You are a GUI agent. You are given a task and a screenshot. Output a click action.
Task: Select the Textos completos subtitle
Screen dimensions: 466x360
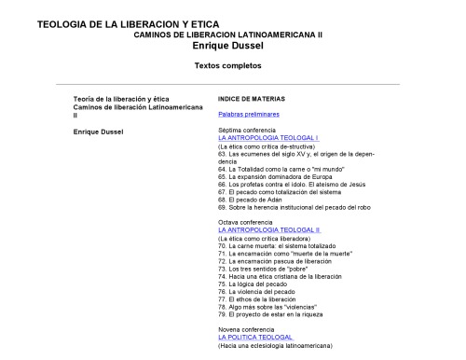click(x=227, y=66)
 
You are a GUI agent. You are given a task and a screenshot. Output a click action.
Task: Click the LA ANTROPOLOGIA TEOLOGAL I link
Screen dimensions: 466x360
click(x=267, y=138)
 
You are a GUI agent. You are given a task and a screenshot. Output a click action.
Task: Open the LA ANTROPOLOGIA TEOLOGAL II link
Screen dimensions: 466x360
click(x=268, y=229)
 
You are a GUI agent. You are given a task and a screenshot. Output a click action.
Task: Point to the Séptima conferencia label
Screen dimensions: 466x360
click(x=248, y=130)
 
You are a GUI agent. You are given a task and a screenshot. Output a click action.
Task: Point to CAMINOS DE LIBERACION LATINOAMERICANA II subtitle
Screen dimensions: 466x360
click(x=227, y=33)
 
